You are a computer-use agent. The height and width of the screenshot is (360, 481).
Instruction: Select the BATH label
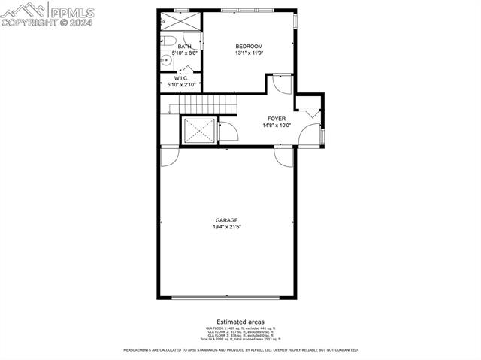184,47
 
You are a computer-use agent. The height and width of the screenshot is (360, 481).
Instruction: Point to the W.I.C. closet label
180,78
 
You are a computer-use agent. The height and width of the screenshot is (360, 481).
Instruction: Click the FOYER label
277,119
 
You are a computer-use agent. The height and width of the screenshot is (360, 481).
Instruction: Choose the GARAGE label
227,220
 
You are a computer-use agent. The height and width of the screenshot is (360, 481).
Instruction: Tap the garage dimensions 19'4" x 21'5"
227,226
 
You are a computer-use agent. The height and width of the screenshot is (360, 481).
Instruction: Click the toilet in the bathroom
169,41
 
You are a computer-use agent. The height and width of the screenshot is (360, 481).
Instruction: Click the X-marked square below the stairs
199,132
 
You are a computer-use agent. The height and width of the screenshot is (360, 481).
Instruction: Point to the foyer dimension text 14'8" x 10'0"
277,126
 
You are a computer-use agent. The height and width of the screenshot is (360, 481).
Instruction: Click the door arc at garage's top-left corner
169,156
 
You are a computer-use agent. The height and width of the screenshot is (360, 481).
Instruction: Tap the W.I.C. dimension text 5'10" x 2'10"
180,84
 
